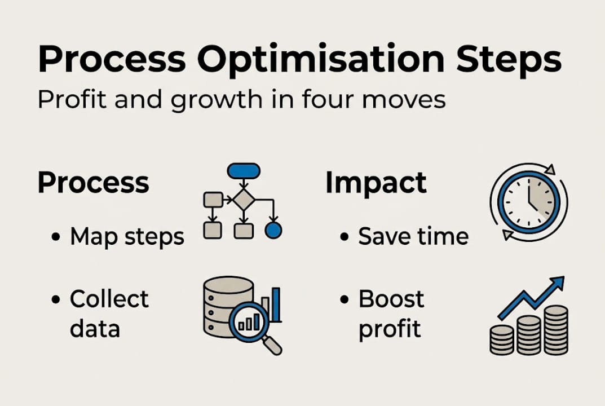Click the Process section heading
point(93,183)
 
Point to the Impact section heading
point(376,183)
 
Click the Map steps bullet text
point(127,237)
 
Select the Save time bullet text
point(413,237)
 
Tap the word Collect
point(109,299)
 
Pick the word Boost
point(391,299)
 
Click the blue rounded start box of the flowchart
point(244,170)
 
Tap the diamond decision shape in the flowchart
point(243,199)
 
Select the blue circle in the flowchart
point(273,230)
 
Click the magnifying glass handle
point(272,345)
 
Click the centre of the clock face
point(529,202)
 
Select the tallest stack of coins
point(556,329)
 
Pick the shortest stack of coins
point(501,339)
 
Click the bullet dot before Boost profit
point(344,300)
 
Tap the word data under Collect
point(95,328)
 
